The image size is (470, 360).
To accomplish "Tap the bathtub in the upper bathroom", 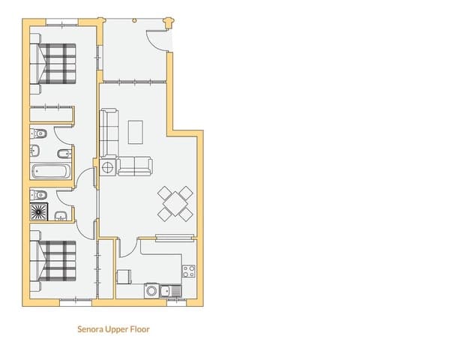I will (50, 171).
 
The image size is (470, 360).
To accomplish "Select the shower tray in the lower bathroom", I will (39, 213).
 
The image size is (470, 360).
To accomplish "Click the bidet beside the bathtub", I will (64, 154).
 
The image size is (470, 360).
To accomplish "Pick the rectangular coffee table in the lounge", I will (136, 131).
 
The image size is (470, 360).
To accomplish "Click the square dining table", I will (175, 203).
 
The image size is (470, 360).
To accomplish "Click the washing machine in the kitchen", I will (152, 290).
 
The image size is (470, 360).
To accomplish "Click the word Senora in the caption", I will (91, 328).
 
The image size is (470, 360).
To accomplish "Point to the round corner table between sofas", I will (108, 166).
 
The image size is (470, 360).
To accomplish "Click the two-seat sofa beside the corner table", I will (135, 166).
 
